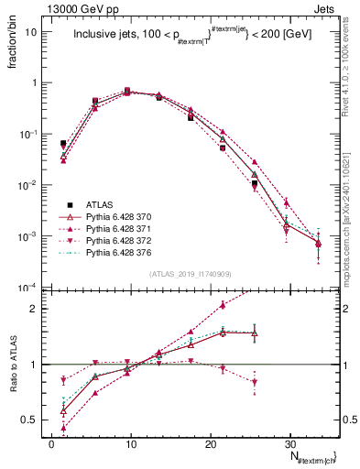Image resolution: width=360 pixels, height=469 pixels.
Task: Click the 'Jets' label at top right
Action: pyautogui.click(x=326, y=7)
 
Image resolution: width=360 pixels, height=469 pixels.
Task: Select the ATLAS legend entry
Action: pyautogui.click(x=103, y=203)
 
